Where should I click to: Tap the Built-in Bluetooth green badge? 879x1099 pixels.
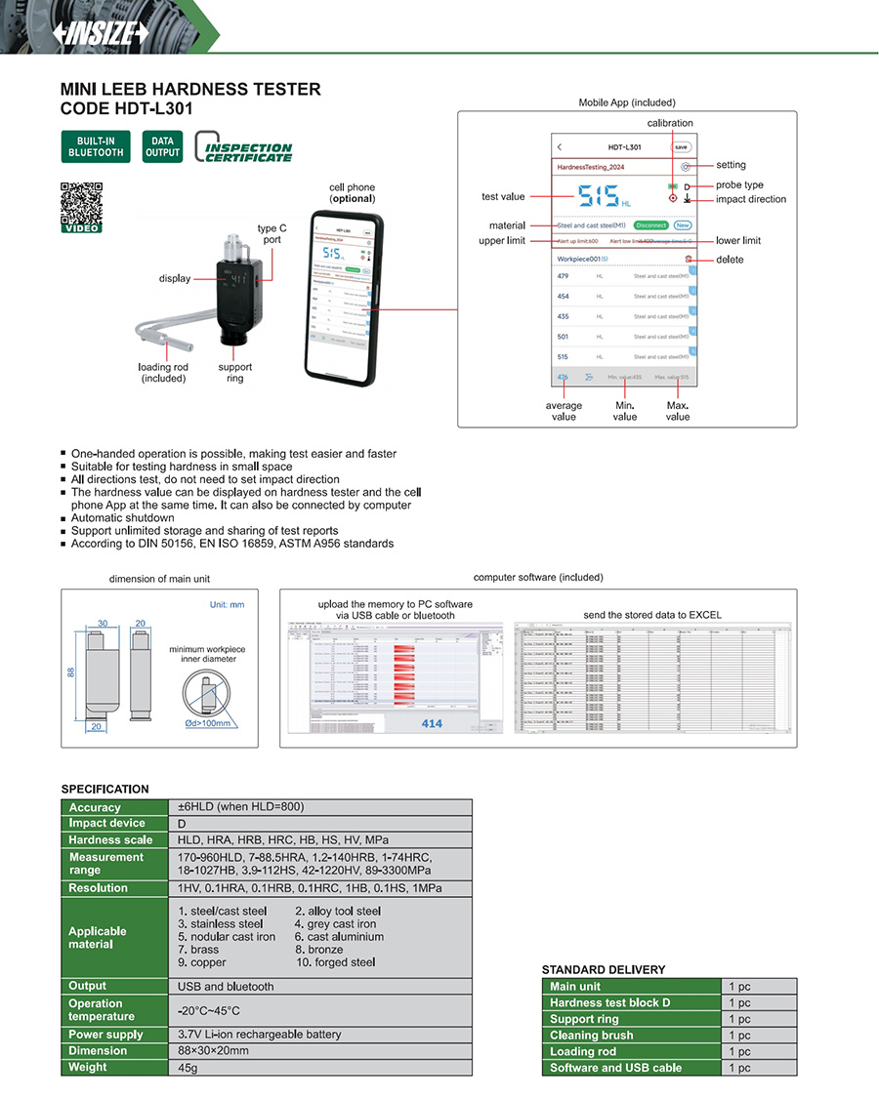click(96, 146)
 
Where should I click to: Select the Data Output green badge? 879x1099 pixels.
click(162, 146)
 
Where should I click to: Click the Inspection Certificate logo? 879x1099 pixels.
click(244, 147)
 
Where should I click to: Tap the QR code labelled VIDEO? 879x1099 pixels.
click(81, 204)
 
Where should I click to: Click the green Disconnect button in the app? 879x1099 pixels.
click(650, 225)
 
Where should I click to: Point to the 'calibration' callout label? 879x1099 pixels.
click(670, 123)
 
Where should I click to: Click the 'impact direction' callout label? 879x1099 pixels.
click(750, 199)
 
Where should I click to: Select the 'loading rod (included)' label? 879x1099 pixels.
click(163, 373)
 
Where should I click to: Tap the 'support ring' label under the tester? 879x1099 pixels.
click(234, 373)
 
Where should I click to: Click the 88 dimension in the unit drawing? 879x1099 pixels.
click(71, 673)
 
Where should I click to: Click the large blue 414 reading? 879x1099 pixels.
click(432, 723)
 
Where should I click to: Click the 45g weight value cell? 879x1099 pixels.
click(188, 1068)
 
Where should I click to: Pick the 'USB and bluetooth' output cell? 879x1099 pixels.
click(226, 987)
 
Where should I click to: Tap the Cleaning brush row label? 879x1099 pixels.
click(591, 1036)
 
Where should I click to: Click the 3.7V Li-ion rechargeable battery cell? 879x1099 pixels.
click(259, 1035)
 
